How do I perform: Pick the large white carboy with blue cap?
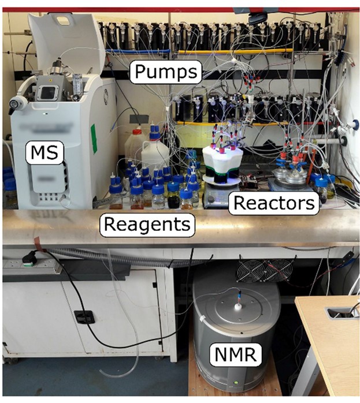(x=155, y=151)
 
